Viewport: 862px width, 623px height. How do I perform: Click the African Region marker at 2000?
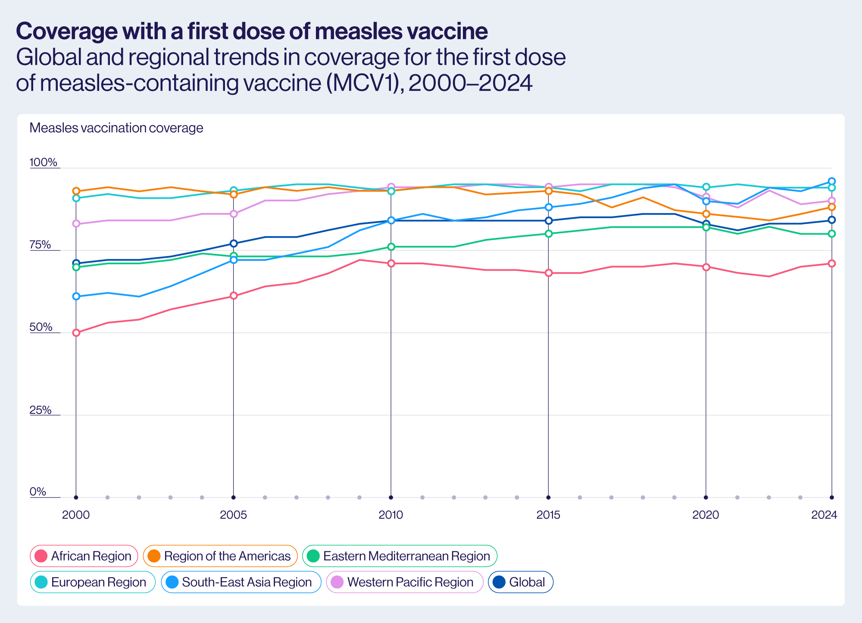(76, 333)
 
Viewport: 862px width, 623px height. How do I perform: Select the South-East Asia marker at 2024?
(832, 181)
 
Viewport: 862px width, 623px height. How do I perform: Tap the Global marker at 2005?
(234, 243)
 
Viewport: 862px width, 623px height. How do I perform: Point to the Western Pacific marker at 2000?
(76, 223)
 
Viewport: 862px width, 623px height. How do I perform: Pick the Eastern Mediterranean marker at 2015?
(549, 234)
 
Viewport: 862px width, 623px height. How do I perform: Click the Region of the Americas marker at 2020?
(706, 214)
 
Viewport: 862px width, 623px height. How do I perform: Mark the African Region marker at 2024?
(832, 263)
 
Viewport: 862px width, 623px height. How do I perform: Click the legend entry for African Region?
(84, 556)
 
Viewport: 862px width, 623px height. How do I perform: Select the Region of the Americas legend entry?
(220, 556)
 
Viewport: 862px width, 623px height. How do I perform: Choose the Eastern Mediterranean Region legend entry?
(400, 556)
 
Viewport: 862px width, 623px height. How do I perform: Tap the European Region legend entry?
(92, 582)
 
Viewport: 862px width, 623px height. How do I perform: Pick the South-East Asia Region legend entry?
(241, 582)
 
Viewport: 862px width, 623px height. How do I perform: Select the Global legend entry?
(520, 582)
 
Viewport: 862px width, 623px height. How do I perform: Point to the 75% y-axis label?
(40, 245)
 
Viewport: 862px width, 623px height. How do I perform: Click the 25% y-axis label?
(40, 410)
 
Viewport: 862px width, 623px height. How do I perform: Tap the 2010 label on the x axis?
(391, 515)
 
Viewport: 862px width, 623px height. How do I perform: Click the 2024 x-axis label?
(824, 515)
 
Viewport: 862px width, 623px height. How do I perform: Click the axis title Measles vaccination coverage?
(116, 128)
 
